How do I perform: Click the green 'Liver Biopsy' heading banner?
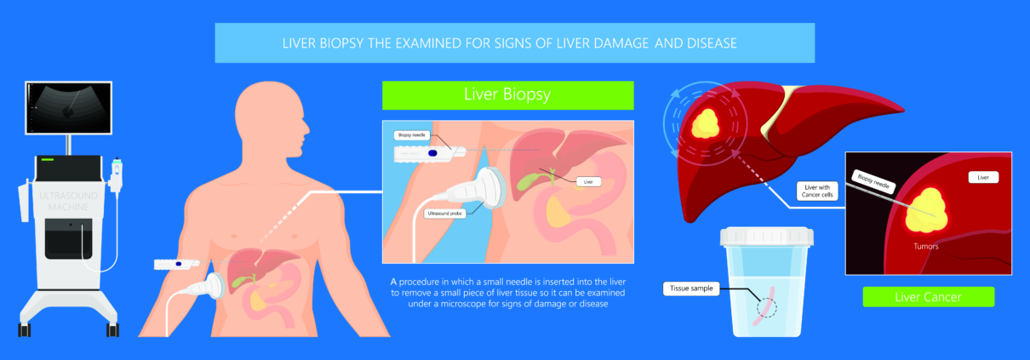tap(507, 95)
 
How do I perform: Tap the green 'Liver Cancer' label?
tap(929, 297)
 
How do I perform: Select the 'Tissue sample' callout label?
tap(691, 289)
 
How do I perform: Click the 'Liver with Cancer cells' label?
tap(817, 191)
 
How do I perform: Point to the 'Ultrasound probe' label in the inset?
tap(444, 214)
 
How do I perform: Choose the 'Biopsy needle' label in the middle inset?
tap(411, 135)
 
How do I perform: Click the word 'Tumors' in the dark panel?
tap(926, 247)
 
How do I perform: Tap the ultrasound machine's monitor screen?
tap(68, 108)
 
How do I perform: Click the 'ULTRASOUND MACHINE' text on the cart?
tap(68, 202)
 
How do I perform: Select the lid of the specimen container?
tap(766, 237)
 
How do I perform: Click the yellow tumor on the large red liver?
tap(706, 123)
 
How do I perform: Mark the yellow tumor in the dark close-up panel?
tap(925, 210)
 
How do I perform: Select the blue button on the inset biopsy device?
tap(432, 153)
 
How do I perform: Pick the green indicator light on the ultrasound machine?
tap(48, 159)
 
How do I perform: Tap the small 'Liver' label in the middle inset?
tap(588, 182)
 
